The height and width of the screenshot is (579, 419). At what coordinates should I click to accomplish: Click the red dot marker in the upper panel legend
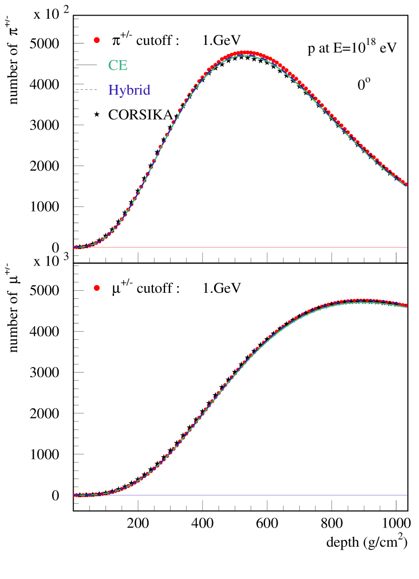pos(97,40)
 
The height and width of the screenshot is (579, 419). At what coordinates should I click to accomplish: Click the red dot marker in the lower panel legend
pos(97,288)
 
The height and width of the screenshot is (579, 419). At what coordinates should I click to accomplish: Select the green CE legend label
pos(118,66)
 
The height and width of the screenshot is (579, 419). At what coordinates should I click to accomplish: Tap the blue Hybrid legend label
pos(129,90)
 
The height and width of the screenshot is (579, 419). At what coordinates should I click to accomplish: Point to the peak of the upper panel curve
pos(245,52)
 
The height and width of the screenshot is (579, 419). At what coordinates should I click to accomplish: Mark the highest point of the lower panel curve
pos(362,300)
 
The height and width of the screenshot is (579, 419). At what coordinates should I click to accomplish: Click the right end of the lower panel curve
pos(406,305)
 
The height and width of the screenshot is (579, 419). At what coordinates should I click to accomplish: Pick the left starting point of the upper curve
pos(74,247)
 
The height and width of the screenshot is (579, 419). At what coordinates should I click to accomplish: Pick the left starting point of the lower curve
pos(74,495)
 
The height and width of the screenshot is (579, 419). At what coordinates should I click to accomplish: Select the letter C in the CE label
pos(113,66)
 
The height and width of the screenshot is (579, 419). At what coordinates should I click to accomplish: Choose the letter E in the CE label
pos(123,66)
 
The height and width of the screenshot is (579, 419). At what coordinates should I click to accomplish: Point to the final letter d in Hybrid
pos(147,90)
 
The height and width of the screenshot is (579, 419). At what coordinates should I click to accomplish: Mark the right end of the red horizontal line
pos(406,247)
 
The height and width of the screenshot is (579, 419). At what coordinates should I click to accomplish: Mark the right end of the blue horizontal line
pos(406,495)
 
